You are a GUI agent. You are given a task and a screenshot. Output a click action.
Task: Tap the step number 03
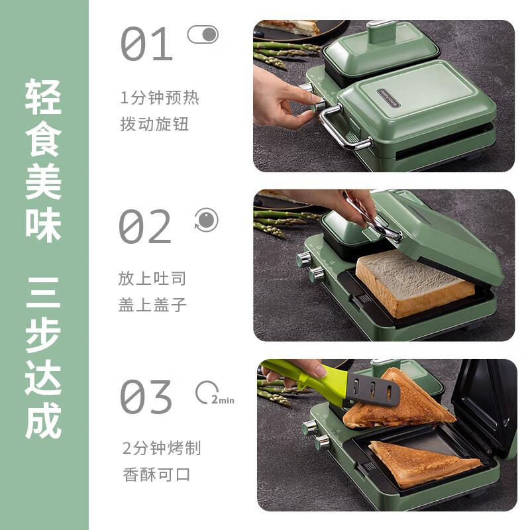(x=146, y=397)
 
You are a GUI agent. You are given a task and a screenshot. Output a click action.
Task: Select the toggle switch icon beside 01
(x=203, y=34)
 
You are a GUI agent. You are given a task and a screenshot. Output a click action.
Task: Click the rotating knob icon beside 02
(x=206, y=220)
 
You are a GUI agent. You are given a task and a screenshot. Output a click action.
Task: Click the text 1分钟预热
(x=160, y=99)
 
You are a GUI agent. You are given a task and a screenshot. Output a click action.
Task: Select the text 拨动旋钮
(x=155, y=124)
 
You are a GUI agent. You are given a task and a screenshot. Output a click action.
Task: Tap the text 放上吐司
(x=152, y=279)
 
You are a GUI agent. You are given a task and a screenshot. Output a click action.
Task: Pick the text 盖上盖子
(x=152, y=304)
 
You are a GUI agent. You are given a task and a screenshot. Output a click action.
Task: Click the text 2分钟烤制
(x=162, y=449)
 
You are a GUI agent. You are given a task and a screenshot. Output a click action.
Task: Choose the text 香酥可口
(x=156, y=474)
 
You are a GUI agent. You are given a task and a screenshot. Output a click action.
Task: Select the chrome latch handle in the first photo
(x=341, y=129)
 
